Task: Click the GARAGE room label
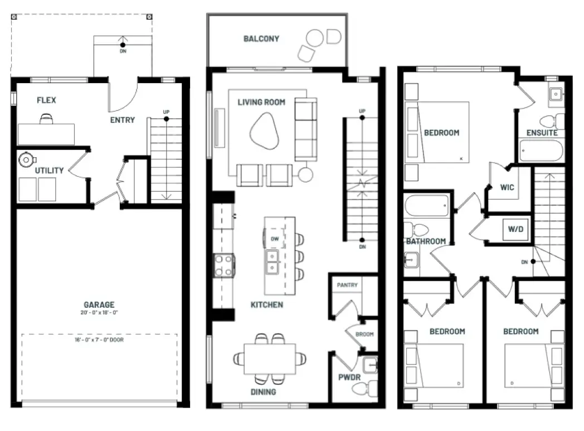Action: pyautogui.click(x=99, y=304)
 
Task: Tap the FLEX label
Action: pyautogui.click(x=47, y=100)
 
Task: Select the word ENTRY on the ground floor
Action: pyautogui.click(x=123, y=120)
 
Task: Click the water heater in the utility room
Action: pyautogui.click(x=27, y=160)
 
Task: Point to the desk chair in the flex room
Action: pyautogui.click(x=46, y=119)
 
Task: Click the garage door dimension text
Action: pyautogui.click(x=99, y=340)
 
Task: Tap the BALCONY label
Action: pyautogui.click(x=261, y=38)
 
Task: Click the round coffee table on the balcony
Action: pyautogui.click(x=314, y=38)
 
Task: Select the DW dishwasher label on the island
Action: pyautogui.click(x=275, y=239)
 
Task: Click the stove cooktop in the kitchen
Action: pyautogui.click(x=224, y=265)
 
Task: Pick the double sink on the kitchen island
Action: pyautogui.click(x=272, y=262)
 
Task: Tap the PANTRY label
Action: pyautogui.click(x=347, y=285)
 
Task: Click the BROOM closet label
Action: pyautogui.click(x=364, y=334)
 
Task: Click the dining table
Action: pyautogui.click(x=270, y=359)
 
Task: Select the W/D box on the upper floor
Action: pyautogui.click(x=516, y=229)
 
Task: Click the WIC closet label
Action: pyautogui.click(x=507, y=187)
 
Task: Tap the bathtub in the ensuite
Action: pyautogui.click(x=541, y=151)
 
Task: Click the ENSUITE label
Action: pyautogui.click(x=542, y=133)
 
